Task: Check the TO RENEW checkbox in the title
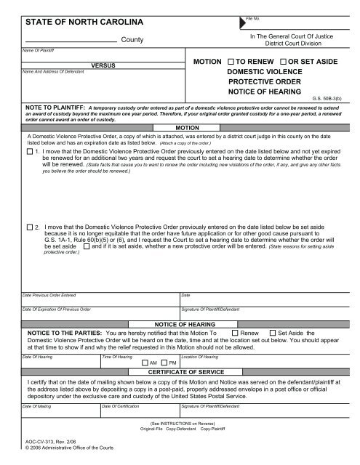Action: pos(231,62)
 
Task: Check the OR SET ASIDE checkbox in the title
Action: pos(284,62)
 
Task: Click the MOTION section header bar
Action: pos(180,126)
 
